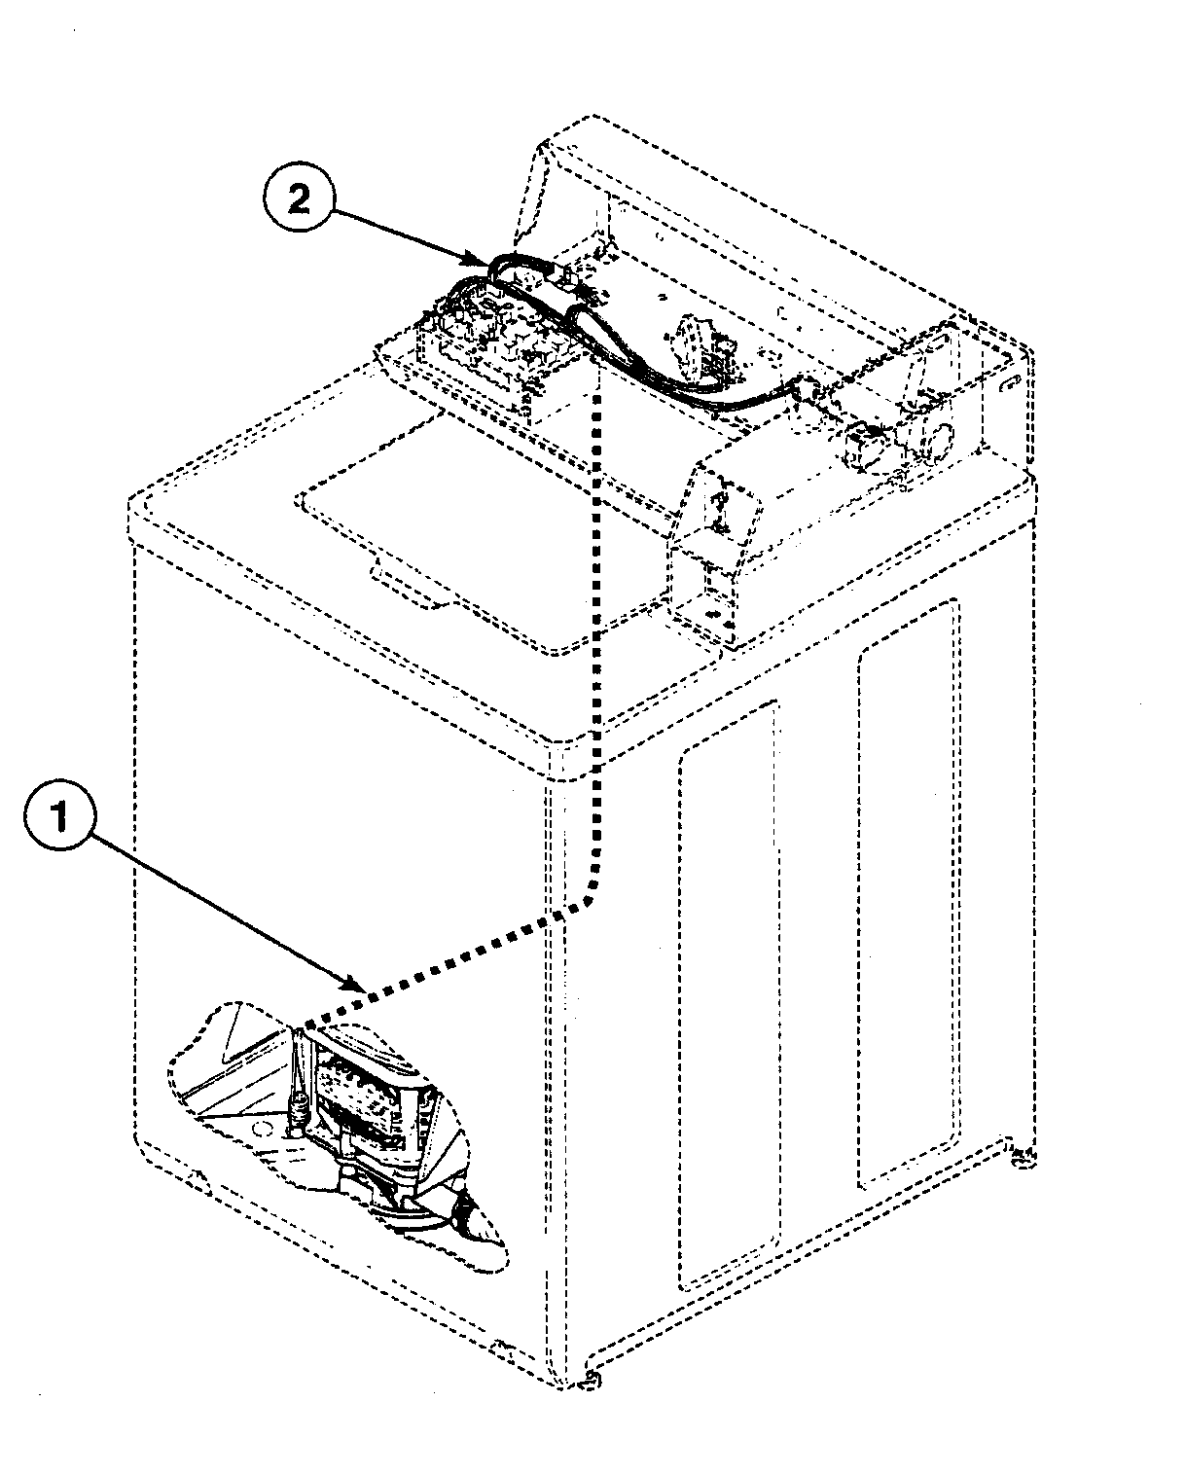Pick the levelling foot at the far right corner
coord(1021,1157)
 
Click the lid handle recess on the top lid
coord(409,588)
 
